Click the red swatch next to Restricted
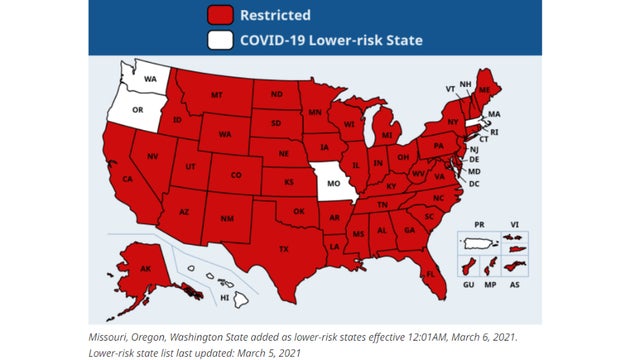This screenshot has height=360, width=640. (222, 15)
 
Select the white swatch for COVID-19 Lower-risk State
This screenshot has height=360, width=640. (222, 40)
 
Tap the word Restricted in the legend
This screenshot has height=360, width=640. (274, 15)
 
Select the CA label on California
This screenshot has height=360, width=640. (127, 179)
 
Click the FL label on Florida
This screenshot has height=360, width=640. (430, 273)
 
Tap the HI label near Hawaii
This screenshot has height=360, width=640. (226, 297)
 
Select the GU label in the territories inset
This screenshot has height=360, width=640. (470, 285)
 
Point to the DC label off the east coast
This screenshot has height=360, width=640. (474, 184)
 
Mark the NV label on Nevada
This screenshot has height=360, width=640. (155, 158)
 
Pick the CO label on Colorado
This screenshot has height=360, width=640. (236, 175)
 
